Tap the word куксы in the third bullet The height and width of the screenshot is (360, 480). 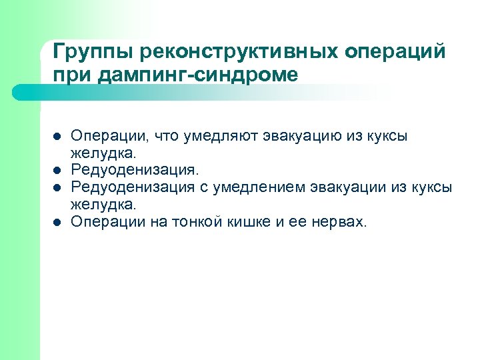click(433, 188)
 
